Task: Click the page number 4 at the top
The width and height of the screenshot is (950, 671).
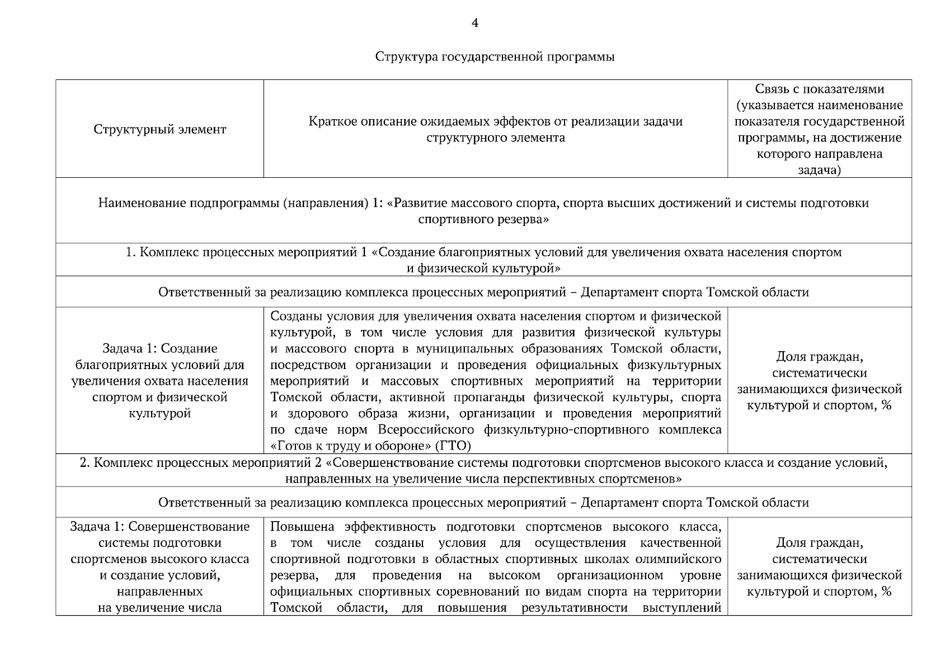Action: click(x=475, y=23)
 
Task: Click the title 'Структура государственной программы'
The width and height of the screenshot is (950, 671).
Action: click(x=495, y=57)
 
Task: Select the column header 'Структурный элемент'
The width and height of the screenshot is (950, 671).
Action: click(x=160, y=130)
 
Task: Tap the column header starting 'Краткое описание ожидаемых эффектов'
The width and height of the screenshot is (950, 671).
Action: click(x=496, y=130)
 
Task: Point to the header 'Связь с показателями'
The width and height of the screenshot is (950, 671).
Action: click(x=819, y=89)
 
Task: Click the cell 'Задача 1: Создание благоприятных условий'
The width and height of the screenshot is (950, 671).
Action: click(x=160, y=381)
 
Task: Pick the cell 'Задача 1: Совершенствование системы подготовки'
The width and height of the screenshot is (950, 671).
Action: click(x=160, y=566)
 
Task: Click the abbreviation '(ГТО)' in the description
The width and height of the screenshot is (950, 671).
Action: click(x=453, y=446)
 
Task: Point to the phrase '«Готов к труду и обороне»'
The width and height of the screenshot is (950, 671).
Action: click(x=350, y=446)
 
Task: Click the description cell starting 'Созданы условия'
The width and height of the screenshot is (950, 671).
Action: click(x=496, y=381)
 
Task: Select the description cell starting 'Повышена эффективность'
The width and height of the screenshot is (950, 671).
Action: click(x=496, y=566)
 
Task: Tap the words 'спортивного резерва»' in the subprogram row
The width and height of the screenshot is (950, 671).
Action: click(x=483, y=219)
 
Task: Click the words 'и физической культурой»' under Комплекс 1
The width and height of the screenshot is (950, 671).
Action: click(x=483, y=269)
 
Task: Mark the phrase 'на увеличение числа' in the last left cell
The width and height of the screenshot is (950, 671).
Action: click(x=160, y=608)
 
